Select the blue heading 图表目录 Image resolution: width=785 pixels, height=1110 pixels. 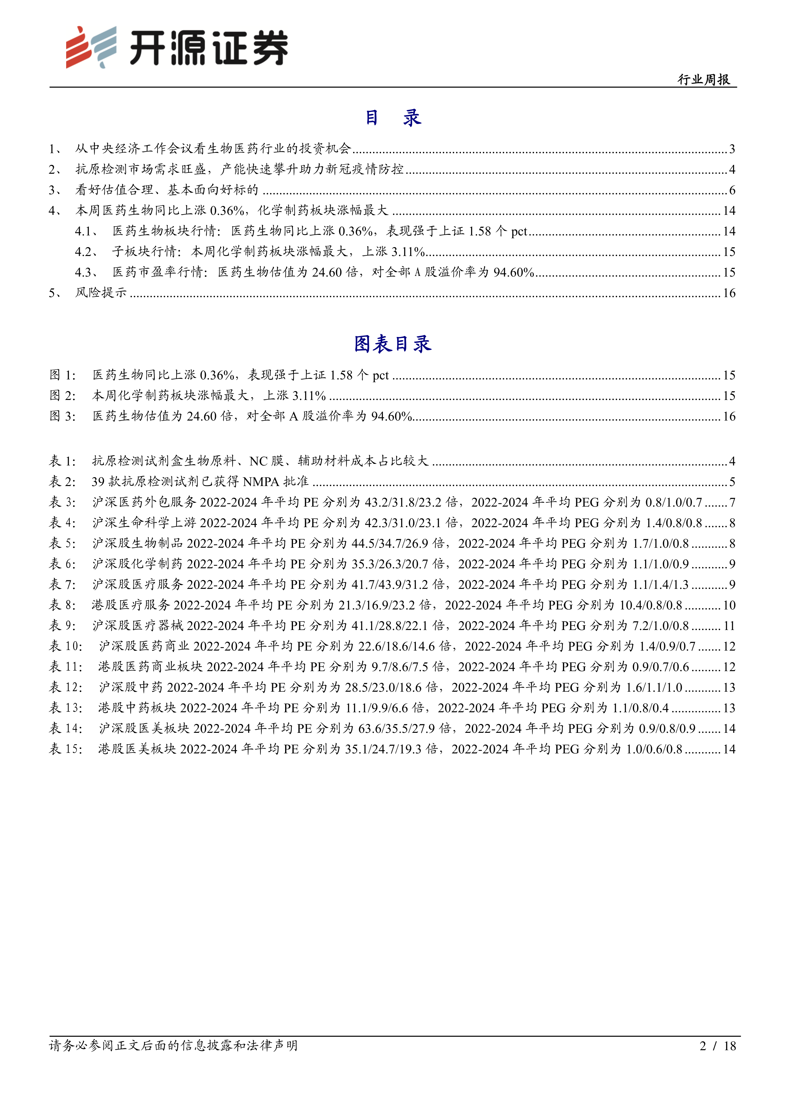(x=392, y=344)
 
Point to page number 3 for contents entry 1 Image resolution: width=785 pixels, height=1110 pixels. (x=732, y=149)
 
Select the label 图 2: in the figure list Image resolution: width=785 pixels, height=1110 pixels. (x=63, y=396)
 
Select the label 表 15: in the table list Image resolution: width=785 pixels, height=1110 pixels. (x=66, y=749)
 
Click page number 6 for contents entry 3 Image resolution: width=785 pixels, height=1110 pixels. (x=732, y=190)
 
